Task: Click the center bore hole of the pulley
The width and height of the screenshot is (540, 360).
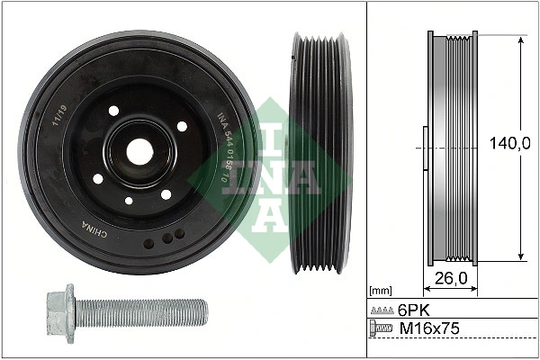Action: (x=139, y=151)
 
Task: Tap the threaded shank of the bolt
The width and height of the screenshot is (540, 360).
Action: (x=144, y=313)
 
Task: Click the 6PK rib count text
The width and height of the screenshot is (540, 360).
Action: (x=412, y=310)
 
